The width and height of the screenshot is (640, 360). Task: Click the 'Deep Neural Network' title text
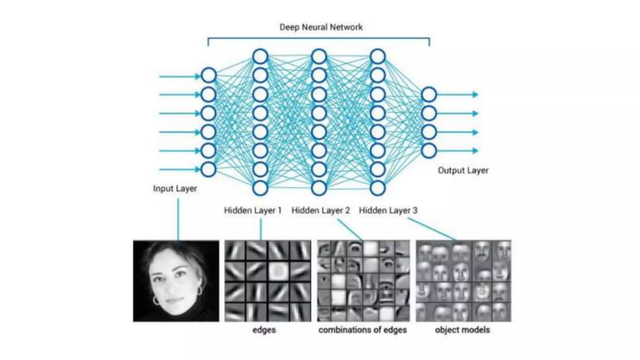[x=321, y=27]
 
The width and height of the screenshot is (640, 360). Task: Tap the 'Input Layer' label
[x=175, y=189]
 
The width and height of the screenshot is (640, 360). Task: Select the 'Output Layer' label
[x=463, y=171]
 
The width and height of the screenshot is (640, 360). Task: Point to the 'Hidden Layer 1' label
[x=252, y=211]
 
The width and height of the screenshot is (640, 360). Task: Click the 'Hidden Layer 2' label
[x=321, y=211]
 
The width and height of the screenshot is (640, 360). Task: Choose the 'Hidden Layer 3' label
[x=388, y=211]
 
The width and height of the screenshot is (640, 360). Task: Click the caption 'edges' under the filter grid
[x=264, y=330]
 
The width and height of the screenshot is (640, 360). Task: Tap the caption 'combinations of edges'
[x=362, y=330]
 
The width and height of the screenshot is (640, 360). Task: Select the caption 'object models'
[x=462, y=330]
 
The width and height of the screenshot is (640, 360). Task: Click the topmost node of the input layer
[x=208, y=76]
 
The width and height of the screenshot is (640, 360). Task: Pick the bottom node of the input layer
[x=208, y=170]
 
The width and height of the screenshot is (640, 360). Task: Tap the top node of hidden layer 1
[x=260, y=57]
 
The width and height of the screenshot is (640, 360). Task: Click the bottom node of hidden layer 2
[x=319, y=188]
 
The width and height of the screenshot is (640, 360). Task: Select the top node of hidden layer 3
[x=377, y=57]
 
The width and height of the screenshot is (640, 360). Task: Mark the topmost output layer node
[x=429, y=94]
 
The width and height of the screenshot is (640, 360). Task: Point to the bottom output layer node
[x=429, y=151]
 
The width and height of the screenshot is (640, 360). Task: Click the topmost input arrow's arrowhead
[x=197, y=76]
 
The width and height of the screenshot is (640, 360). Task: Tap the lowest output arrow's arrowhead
[x=475, y=151]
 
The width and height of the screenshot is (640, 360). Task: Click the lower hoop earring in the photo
[x=156, y=301]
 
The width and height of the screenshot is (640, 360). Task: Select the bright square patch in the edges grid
[x=278, y=270]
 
